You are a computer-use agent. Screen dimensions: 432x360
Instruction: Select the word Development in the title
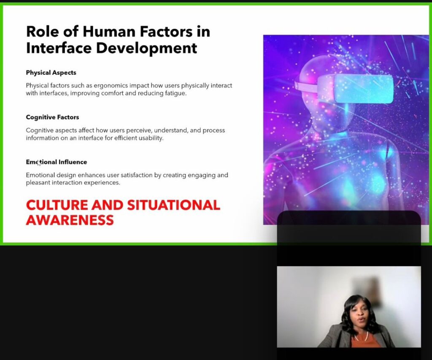[146, 48]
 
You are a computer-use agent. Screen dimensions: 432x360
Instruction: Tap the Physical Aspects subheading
[51, 73]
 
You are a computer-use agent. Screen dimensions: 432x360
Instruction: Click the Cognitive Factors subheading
[52, 117]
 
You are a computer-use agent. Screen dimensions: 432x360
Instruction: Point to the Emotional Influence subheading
[57, 162]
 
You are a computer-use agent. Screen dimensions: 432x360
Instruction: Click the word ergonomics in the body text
[111, 86]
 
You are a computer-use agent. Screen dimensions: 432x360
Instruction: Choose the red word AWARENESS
[70, 220]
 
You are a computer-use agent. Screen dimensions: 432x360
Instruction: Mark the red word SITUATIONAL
[173, 205]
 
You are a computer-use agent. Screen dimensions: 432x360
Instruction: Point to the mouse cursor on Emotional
[38, 163]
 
